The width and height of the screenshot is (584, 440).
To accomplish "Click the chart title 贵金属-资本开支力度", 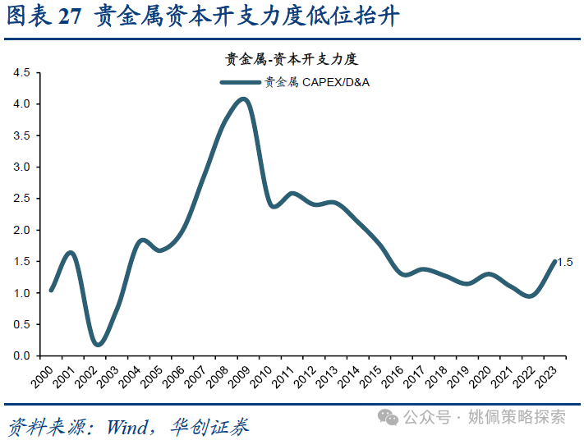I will [292, 58].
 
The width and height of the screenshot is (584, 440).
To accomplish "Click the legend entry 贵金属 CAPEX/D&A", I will [316, 82].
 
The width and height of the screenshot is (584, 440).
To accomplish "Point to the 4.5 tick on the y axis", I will [21, 73].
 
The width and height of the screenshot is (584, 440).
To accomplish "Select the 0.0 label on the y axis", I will [21, 355].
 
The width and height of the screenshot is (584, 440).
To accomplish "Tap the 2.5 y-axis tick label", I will [21, 199].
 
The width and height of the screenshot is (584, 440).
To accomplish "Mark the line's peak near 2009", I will [243, 99].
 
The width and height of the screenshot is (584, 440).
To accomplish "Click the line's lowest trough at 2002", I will [99, 345].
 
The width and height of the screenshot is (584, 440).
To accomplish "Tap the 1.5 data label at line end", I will [565, 262].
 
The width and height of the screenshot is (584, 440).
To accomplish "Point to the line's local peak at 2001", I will [71, 252].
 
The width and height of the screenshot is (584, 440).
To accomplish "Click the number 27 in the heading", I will [71, 17].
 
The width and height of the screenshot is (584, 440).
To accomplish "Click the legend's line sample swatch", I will [240, 82].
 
